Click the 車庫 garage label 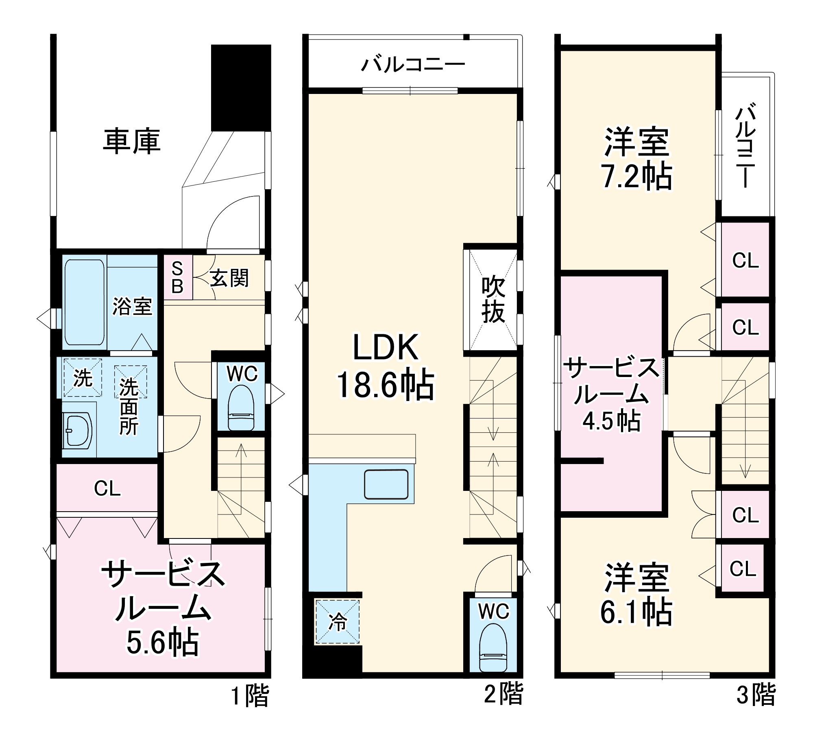coord(131,142)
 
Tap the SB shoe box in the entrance coord(177,277)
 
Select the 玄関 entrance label coord(229,279)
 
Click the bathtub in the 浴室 coord(85,302)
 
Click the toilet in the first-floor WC coord(241,407)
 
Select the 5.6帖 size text coord(163,643)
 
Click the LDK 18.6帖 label coord(385,366)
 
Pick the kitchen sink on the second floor coord(386,484)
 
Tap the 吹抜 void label coord(493,300)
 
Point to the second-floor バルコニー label coord(413,64)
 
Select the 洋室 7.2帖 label coord(636,159)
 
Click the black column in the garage coord(241,88)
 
